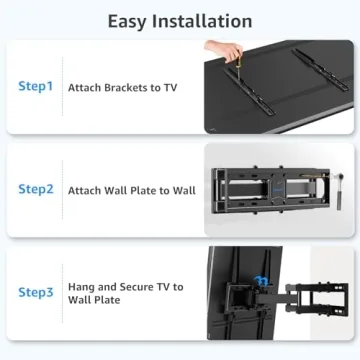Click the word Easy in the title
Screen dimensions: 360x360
tap(132, 20)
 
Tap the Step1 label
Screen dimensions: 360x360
tap(35, 87)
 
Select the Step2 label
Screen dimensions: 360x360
tap(35, 188)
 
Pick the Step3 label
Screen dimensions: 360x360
tap(35, 292)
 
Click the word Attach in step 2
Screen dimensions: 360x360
tap(84, 189)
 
